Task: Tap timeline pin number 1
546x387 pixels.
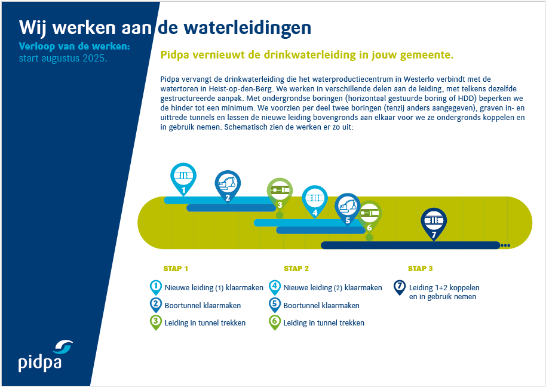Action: click(183, 179)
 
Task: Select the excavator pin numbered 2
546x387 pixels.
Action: click(228, 186)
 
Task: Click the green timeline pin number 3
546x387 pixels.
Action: click(280, 193)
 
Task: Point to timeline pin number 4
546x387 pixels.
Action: click(315, 201)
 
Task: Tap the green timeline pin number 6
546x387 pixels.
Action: click(369, 216)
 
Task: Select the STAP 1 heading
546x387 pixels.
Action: click(176, 269)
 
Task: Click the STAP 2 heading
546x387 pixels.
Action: click(296, 269)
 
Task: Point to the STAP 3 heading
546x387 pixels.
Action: click(421, 269)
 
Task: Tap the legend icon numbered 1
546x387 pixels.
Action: click(156, 288)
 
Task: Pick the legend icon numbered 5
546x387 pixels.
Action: click(275, 305)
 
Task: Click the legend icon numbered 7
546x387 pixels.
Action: click(400, 288)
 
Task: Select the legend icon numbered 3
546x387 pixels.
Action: click(156, 322)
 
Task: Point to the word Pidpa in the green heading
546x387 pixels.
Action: click(174, 56)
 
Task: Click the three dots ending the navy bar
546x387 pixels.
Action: click(505, 245)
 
